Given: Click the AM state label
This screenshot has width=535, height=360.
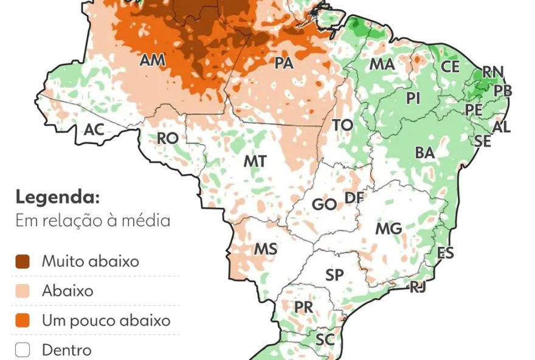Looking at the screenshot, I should click(153, 60).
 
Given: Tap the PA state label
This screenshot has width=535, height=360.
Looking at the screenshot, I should click(284, 63).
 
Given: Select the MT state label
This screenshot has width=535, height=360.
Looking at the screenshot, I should click(255, 161).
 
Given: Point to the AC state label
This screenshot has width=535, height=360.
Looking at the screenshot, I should click(94, 130).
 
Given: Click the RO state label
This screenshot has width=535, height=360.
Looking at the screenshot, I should click(167, 139).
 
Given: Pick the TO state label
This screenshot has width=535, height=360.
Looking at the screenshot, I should click(343, 125).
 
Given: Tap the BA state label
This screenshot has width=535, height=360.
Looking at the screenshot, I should click(425, 153).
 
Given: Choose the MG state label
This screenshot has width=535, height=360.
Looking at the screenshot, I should click(388, 229).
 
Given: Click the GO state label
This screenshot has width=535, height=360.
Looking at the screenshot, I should click(324, 204).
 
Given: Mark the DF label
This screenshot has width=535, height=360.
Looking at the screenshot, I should click(354, 198).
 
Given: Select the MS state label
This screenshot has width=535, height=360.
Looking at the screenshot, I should click(266, 249).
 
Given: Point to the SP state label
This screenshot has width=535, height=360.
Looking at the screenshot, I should click(334, 275).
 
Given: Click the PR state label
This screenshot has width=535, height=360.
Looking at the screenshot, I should click(304, 308).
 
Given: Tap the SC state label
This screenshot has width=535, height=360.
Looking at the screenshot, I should click(325, 340).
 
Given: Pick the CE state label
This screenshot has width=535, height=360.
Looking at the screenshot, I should click(450, 66).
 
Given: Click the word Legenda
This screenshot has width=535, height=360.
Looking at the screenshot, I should click(57, 198).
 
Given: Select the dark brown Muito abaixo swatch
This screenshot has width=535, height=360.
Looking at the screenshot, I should click(23, 261).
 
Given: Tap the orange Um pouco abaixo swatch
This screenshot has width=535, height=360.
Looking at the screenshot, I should click(23, 320).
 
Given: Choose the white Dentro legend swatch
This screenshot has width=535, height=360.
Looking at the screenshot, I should click(23, 350).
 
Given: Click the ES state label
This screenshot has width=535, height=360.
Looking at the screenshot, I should click(446, 253).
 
